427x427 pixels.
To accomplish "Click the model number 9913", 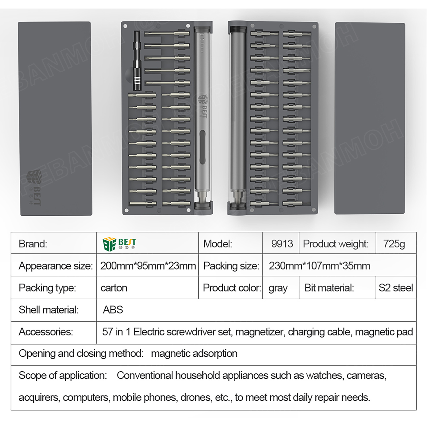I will [x=282, y=244].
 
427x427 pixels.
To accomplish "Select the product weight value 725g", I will [x=394, y=244].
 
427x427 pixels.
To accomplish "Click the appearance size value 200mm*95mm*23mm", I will [x=148, y=266].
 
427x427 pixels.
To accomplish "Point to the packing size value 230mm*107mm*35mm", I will [x=319, y=266].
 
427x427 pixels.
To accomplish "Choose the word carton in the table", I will [x=114, y=288].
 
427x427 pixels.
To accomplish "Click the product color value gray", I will [x=278, y=288].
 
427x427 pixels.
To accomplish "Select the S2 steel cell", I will [x=395, y=288].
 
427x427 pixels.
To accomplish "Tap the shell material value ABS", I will [x=113, y=310].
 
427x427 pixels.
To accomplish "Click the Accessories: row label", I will [x=46, y=332].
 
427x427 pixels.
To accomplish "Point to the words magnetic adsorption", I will [x=194, y=354].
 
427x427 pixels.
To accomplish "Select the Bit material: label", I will [x=329, y=288].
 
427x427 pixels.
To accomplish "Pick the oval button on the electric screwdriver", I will [x=202, y=147].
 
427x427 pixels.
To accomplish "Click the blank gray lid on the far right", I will [x=369, y=118].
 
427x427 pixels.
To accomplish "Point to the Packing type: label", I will [x=47, y=288].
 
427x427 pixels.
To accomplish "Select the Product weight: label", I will [x=336, y=244].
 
